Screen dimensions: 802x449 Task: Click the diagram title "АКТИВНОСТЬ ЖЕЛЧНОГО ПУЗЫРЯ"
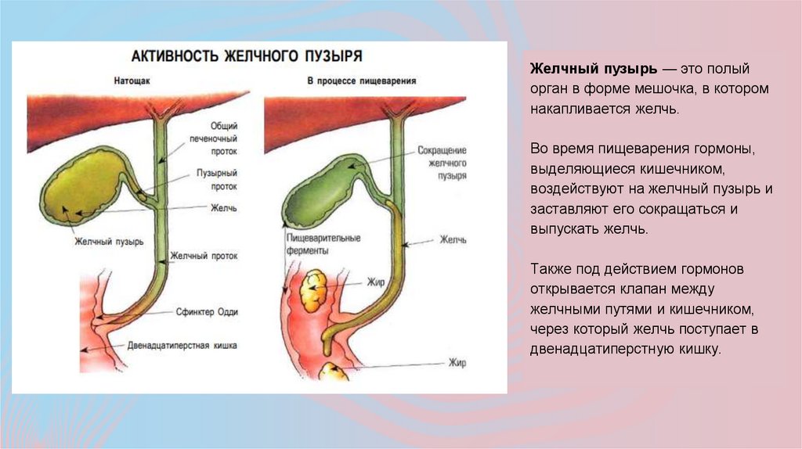[x=245, y=57]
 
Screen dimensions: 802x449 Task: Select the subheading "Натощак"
[x=133, y=81]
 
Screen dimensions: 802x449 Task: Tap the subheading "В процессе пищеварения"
[x=361, y=81]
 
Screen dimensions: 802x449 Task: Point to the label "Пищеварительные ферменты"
[x=312, y=244]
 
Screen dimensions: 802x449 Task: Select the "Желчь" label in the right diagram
[x=453, y=239]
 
